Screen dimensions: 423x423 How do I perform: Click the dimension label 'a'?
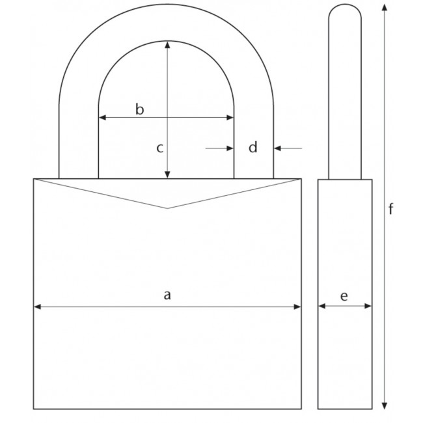167,295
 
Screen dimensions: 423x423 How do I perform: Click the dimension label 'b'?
139,109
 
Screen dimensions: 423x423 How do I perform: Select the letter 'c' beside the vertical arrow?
159,148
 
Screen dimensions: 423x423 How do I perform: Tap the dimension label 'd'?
253,148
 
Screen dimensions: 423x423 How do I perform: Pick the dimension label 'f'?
390,209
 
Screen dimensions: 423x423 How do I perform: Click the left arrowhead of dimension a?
37,306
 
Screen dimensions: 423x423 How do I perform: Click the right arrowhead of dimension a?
299,306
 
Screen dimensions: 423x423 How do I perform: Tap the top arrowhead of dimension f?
385,8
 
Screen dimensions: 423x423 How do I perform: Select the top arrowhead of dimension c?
168,45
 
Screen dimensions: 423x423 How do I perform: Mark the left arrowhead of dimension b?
102,118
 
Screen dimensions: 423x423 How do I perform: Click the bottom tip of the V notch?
167,208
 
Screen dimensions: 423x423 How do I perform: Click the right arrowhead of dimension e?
369,306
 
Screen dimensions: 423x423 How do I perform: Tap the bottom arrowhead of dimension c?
168,174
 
